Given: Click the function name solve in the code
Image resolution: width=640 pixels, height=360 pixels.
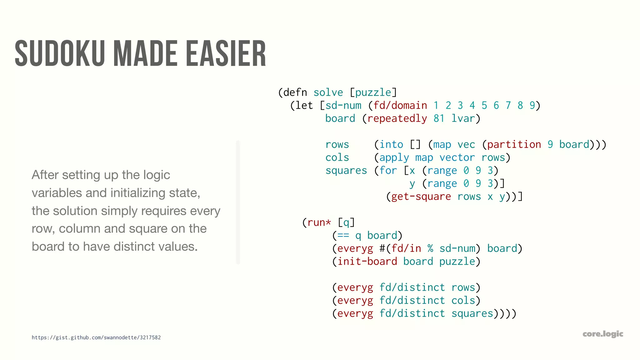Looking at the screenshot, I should click(328, 92).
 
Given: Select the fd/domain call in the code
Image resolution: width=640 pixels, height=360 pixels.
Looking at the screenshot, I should click(400, 106).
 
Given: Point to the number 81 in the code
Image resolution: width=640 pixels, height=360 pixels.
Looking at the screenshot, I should click(439, 118).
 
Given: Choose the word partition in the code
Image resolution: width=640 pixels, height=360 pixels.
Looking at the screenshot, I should click(514, 144).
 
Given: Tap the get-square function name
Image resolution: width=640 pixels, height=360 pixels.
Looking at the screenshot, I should click(421, 197).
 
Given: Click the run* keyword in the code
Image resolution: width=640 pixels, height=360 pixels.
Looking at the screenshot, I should click(319, 222).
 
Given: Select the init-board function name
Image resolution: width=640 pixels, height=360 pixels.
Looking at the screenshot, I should click(367, 261).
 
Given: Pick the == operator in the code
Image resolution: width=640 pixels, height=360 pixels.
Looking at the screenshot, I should click(343, 235).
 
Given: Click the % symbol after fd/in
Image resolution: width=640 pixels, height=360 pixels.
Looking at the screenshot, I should click(430, 248).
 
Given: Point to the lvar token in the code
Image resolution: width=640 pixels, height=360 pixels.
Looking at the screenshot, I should click(463, 118).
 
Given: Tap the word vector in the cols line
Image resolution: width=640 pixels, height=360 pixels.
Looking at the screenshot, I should click(457, 157).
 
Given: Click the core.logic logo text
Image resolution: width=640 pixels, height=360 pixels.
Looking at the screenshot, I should click(603, 334).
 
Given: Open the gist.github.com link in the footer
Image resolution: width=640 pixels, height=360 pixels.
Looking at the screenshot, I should click(96, 337).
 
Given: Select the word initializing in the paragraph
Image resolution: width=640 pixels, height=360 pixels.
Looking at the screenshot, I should click(138, 193).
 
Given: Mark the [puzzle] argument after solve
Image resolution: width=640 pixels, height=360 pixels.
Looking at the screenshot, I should click(373, 92).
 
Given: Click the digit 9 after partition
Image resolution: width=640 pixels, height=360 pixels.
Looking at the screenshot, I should click(550, 144).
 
